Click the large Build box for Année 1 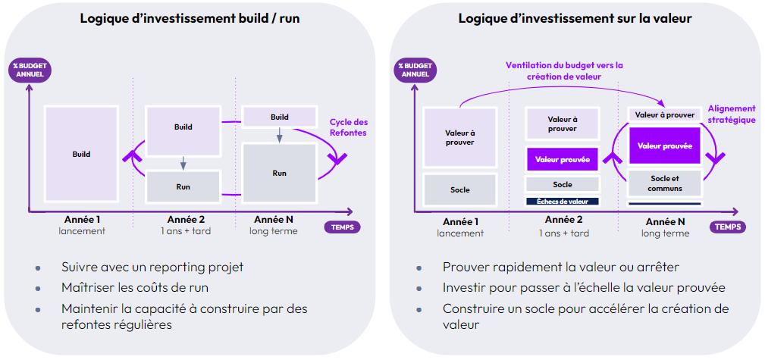coord(81,154)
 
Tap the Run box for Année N coord(279,173)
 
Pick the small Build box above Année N coord(279,117)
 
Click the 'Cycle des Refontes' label coord(348,127)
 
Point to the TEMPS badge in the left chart coord(342,227)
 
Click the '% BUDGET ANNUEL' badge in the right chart coord(415,70)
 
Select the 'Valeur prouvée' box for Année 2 coord(562,159)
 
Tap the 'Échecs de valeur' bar coord(562,201)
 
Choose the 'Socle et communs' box coord(665,183)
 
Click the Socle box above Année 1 coord(459,189)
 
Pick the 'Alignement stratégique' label coord(731,114)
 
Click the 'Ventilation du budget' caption coord(563,70)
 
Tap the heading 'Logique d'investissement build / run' coord(190,18)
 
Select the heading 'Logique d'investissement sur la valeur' coord(575,18)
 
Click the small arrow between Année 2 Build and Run coord(183,163)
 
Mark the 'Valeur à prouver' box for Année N coord(665,114)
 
